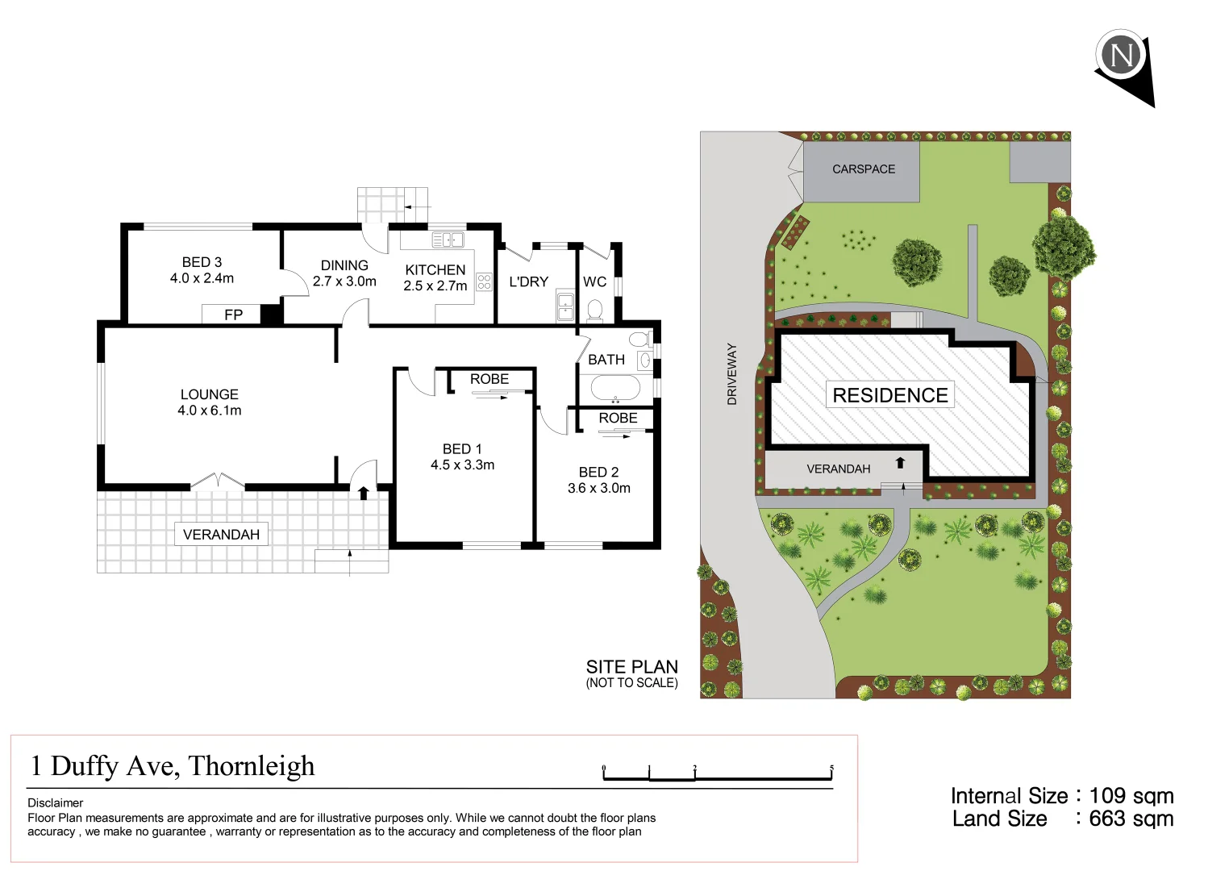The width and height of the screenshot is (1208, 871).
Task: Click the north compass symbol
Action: [x=1122, y=55]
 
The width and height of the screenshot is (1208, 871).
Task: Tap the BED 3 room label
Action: [x=202, y=262]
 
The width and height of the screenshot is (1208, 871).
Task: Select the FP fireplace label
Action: [x=233, y=315]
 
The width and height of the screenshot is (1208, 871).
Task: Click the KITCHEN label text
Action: [x=435, y=270]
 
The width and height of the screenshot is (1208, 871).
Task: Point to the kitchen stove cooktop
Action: [x=484, y=281]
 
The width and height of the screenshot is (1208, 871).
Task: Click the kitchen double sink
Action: [x=448, y=240]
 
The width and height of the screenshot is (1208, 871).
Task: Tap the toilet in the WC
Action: [x=595, y=310]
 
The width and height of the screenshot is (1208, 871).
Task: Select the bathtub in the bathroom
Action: [x=616, y=389]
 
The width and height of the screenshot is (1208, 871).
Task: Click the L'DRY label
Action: [x=528, y=281]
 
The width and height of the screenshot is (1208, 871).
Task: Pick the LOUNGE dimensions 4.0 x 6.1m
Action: [x=210, y=410]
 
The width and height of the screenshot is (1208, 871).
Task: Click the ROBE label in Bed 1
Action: [x=489, y=379]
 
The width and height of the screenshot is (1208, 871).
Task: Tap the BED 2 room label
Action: [x=598, y=472]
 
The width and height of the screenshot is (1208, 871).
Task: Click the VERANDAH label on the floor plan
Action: [x=221, y=535]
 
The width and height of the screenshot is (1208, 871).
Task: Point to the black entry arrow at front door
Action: [x=364, y=493]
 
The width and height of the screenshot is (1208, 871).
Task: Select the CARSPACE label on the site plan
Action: [x=864, y=169]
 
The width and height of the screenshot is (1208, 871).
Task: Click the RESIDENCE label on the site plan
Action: [x=890, y=395]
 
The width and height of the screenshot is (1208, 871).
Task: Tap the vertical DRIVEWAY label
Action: [x=732, y=373]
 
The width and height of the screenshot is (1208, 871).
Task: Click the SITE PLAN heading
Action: [x=631, y=667]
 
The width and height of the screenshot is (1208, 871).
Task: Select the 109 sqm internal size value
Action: [x=1131, y=796]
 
